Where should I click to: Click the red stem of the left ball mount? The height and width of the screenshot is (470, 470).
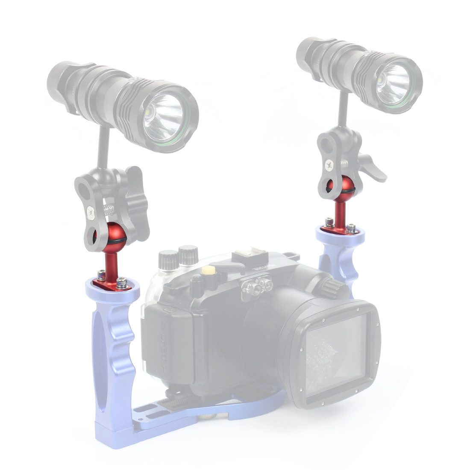click(x=110, y=265)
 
